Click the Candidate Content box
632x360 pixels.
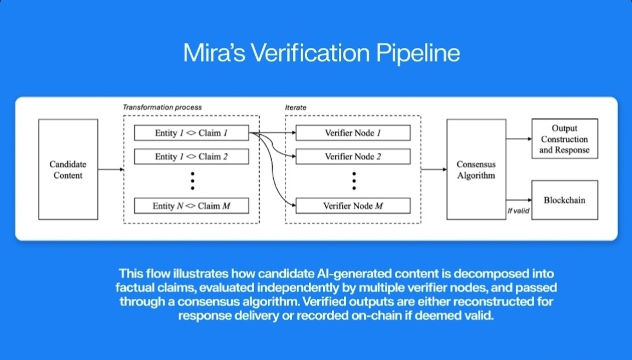click(68, 169)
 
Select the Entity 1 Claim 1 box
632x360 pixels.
click(191, 133)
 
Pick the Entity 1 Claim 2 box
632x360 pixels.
click(191, 156)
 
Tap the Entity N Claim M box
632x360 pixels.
click(191, 205)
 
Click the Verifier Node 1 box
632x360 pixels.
click(353, 133)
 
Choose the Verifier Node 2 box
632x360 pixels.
click(353, 156)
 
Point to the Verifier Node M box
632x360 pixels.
click(353, 205)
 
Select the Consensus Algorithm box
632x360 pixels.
click(476, 169)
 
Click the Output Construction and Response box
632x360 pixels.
click(565, 139)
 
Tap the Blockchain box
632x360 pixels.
click(565, 200)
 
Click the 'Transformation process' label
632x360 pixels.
click(162, 107)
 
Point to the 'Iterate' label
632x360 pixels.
click(296, 108)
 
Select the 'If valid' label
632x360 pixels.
click(518, 210)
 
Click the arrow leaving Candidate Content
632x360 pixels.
click(111, 169)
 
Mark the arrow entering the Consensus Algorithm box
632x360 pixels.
click(434, 169)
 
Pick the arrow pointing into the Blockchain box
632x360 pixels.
click(519, 200)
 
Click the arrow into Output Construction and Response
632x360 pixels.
click(519, 139)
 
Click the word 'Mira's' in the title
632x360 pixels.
click(214, 53)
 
